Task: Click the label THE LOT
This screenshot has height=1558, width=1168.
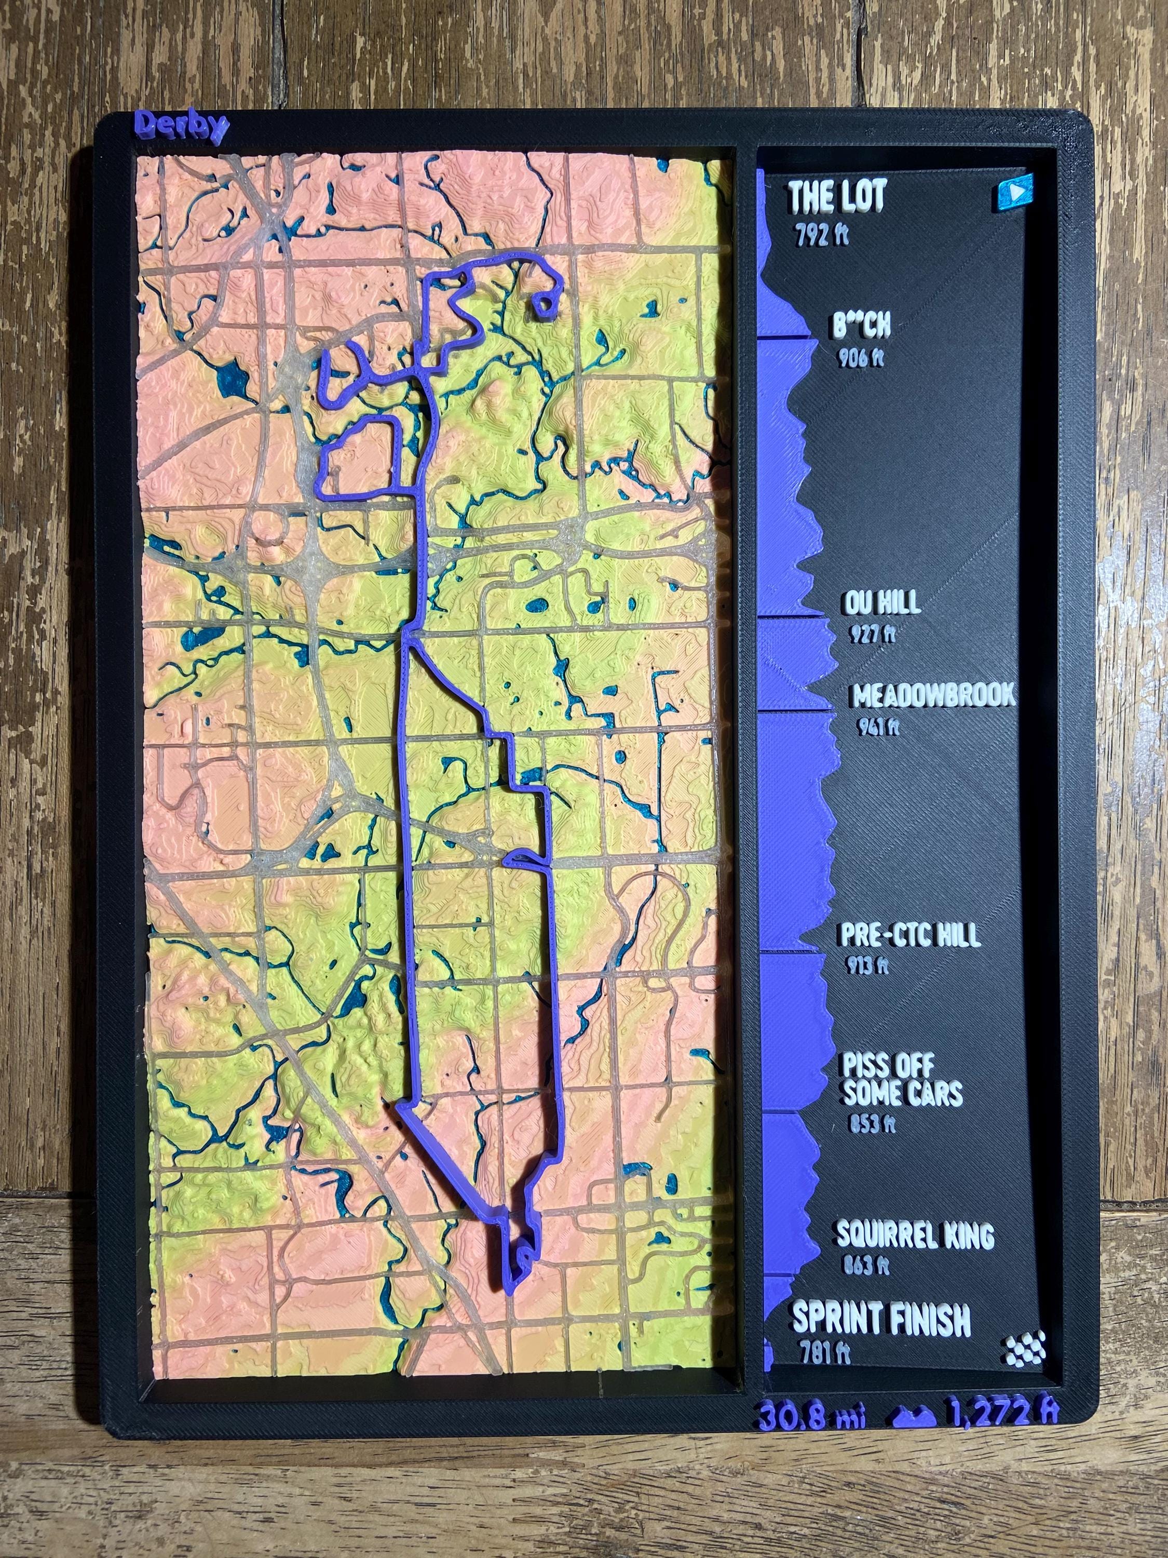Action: [836, 196]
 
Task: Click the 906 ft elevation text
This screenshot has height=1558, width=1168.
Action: [860, 358]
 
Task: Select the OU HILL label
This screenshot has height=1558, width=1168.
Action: [880, 603]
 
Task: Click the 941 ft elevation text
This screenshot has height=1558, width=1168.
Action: [878, 726]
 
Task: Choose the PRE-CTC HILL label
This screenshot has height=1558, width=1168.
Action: [909, 935]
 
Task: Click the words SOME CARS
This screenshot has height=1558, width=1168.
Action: [902, 1093]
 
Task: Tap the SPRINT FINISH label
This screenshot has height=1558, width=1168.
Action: [881, 1319]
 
